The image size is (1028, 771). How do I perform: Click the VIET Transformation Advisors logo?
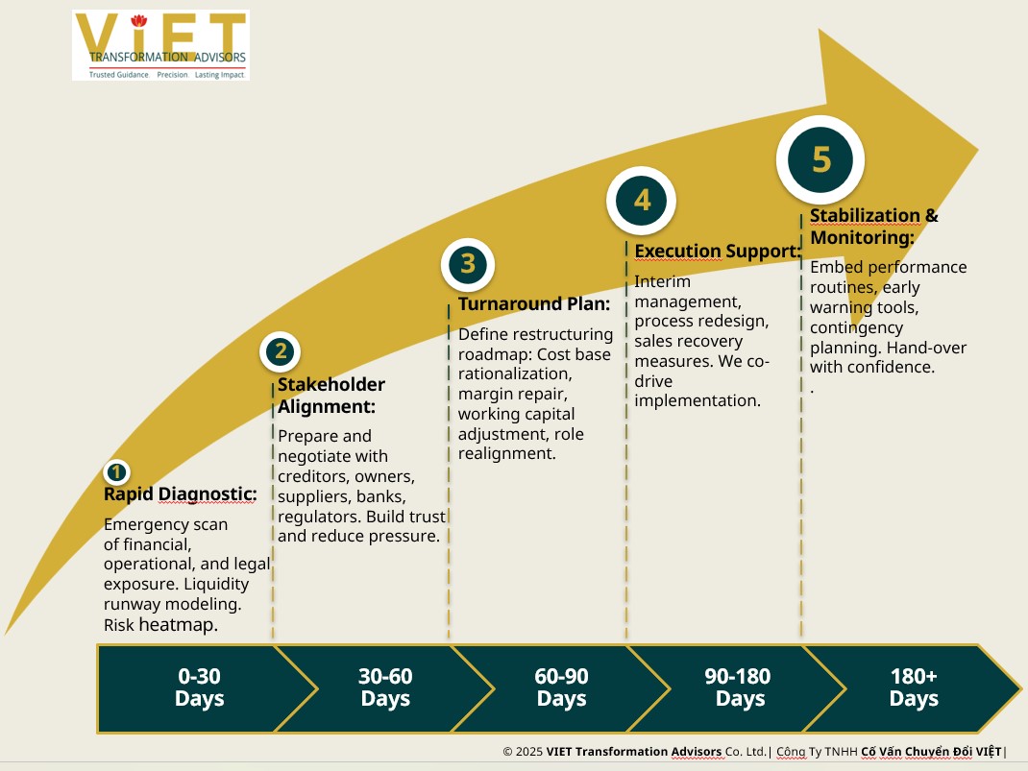(160, 45)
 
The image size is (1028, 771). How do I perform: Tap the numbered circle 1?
(115, 472)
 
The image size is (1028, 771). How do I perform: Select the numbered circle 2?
(281, 351)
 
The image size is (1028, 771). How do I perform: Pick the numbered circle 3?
(467, 263)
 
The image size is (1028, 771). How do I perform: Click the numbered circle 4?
(642, 200)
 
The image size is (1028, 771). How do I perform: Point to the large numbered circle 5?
(820, 159)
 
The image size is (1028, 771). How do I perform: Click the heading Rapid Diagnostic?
(180, 494)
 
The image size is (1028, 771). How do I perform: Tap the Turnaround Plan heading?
(534, 304)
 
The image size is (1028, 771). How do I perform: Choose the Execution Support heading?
(718, 252)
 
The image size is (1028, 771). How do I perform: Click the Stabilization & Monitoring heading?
(873, 227)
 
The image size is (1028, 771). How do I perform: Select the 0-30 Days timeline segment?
(199, 687)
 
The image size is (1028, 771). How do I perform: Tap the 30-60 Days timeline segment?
(385, 687)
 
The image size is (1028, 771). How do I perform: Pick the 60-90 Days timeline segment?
(561, 687)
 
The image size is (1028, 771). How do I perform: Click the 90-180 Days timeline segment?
(739, 687)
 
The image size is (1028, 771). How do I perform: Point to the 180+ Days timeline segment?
(913, 687)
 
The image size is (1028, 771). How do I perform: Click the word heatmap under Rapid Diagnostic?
(178, 625)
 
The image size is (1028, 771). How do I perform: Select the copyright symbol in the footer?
(507, 752)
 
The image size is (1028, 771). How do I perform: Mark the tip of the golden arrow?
(977, 150)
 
